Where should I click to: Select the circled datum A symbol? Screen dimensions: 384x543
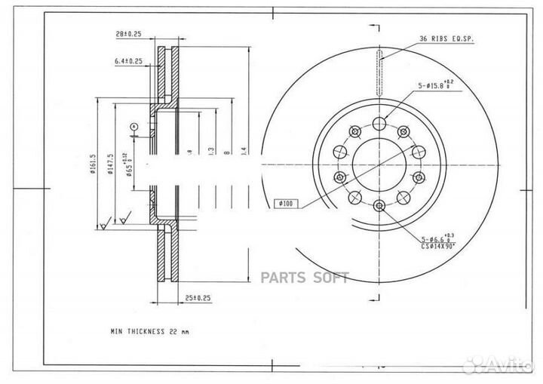(x=133, y=126)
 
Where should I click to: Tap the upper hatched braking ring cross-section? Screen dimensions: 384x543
(x=168, y=75)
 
